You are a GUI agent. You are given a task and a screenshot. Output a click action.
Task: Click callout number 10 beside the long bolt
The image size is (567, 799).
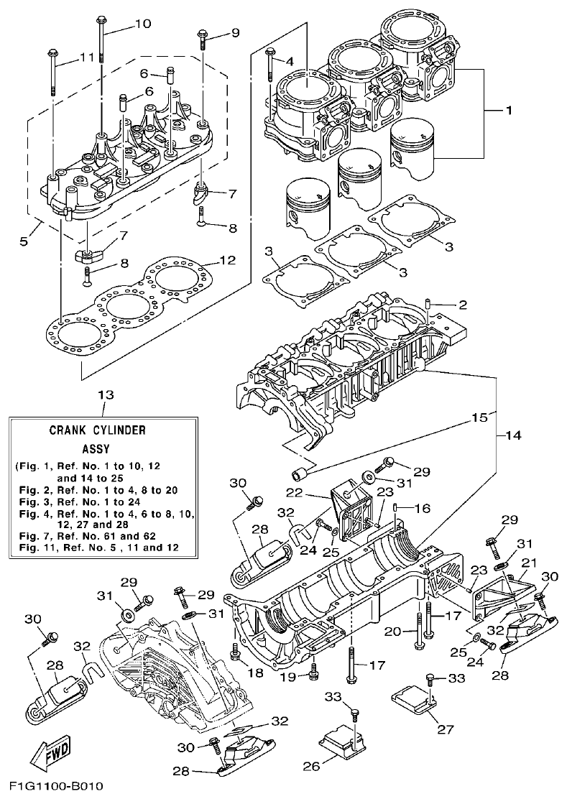142,24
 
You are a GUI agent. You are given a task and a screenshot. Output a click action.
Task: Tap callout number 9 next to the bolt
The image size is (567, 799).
234,33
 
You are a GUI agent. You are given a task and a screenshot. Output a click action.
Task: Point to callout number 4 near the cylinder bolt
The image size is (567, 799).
289,61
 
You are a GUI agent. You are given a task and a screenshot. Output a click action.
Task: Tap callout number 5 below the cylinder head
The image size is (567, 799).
24,241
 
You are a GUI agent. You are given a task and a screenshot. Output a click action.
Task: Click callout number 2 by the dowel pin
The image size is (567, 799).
463,305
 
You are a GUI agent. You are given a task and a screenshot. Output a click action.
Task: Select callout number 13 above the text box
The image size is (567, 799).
106,395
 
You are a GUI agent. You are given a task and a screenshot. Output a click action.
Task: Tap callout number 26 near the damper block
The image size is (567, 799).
310,766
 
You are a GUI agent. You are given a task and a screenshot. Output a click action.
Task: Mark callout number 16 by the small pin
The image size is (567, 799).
423,508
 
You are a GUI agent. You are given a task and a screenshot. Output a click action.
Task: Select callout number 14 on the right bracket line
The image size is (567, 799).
515,435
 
